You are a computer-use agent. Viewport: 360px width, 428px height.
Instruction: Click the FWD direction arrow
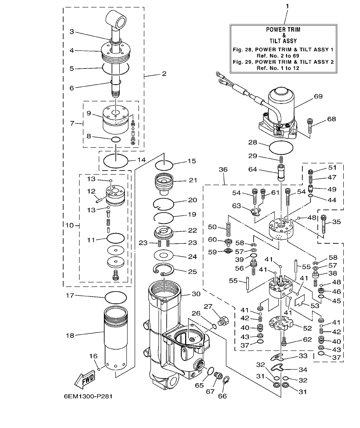click(85, 378)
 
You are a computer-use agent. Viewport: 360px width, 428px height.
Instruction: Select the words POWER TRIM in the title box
click(283, 30)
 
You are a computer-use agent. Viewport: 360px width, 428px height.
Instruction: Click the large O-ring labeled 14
click(116, 162)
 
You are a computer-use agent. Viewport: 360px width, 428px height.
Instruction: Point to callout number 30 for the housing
click(195, 294)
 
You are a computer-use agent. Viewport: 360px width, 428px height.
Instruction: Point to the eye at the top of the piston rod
click(116, 19)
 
